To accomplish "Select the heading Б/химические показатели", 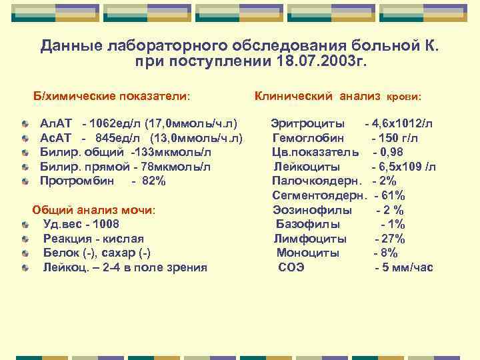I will click(x=112, y=96).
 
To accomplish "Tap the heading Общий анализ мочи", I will click(x=93, y=210).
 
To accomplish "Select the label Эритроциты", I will click(x=307, y=123).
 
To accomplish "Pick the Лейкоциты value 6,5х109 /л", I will click(x=407, y=167).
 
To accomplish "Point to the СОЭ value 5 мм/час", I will click(x=407, y=267).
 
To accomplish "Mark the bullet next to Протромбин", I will click(x=25, y=181).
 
